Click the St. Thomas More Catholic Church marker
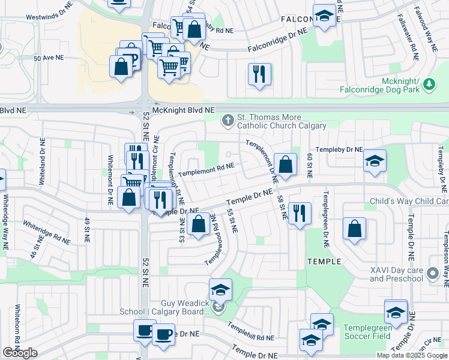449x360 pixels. pyautogui.click(x=228, y=121)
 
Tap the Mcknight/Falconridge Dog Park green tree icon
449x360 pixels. pyautogui.click(x=429, y=85)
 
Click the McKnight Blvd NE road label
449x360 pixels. pyautogui.click(x=183, y=110)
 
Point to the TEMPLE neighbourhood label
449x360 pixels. pyautogui.click(x=324, y=262)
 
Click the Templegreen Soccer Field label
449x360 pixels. pyautogui.click(x=368, y=332)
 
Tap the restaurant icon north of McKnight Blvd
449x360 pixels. pyautogui.click(x=259, y=74)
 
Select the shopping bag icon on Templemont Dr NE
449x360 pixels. pyautogui.click(x=286, y=164)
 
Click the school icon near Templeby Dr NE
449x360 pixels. pyautogui.click(x=375, y=161)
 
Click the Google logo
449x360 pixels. pyautogui.click(x=20, y=353)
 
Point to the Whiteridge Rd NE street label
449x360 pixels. pyautogui.click(x=46, y=232)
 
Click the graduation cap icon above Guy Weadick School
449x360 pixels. pyautogui.click(x=220, y=290)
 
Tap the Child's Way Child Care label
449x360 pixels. pyautogui.click(x=409, y=202)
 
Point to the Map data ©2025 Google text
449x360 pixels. pyautogui.click(x=411, y=355)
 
